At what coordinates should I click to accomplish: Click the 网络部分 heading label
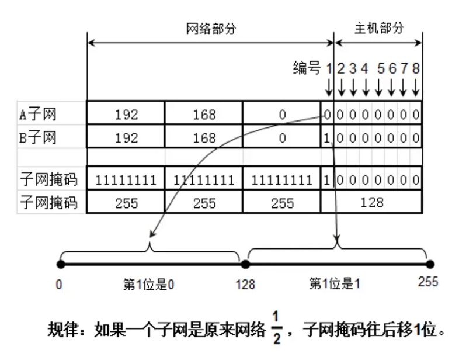(x=211, y=29)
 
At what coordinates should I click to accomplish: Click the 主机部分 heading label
(x=379, y=29)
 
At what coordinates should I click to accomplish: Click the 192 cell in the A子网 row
(x=126, y=115)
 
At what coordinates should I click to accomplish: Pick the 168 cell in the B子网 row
(x=204, y=139)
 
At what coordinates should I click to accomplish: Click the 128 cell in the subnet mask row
(x=372, y=203)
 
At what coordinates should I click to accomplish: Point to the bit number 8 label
(x=416, y=68)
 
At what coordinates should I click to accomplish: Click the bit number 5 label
(x=380, y=68)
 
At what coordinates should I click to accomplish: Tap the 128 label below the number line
(x=245, y=285)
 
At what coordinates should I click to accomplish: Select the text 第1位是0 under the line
(x=149, y=285)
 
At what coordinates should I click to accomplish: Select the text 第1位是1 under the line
(x=335, y=285)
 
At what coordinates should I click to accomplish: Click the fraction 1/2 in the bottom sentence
(x=277, y=329)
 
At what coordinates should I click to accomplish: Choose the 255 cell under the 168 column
(x=204, y=203)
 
